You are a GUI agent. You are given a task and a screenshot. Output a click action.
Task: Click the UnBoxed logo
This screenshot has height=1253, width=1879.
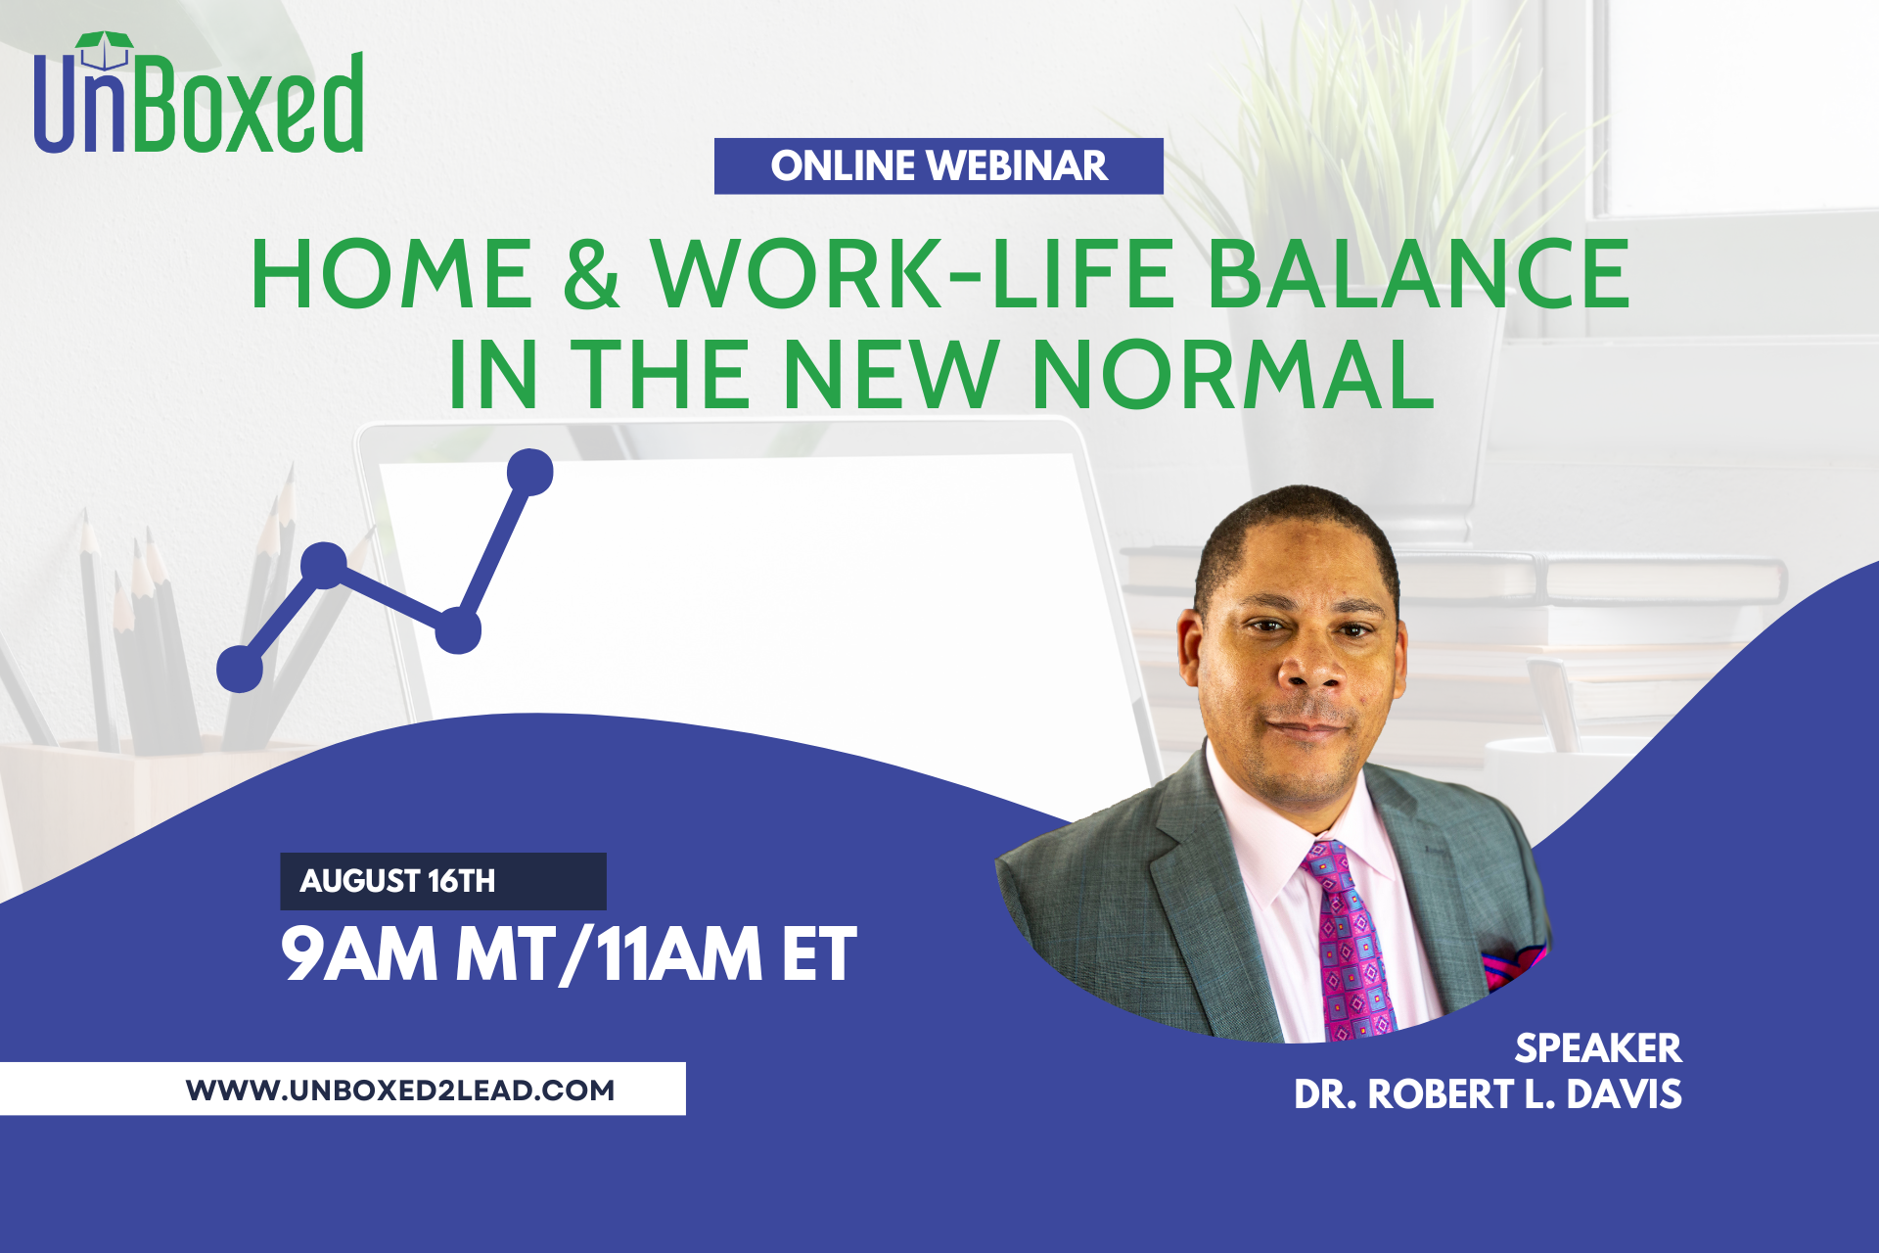[199, 93]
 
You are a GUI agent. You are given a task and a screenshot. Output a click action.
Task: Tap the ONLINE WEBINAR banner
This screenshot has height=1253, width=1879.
[939, 165]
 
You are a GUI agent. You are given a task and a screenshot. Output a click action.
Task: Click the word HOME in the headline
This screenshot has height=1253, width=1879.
[391, 274]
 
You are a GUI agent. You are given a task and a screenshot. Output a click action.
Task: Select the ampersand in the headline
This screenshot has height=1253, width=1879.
[592, 274]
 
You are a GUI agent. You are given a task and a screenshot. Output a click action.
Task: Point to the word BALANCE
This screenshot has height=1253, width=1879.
[1418, 274]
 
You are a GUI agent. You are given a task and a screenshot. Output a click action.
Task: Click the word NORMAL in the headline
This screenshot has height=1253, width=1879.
[1234, 374]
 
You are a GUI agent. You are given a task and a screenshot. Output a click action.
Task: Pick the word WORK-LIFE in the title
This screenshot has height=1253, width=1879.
[913, 274]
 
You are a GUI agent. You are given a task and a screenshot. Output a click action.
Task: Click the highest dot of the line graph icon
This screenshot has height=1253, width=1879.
[530, 472]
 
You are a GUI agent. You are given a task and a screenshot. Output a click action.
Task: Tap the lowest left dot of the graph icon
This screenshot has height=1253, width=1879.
[240, 670]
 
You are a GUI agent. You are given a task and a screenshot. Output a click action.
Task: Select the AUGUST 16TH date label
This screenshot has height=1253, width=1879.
[397, 881]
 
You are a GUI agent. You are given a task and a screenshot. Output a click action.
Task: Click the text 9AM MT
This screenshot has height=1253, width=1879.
[417, 953]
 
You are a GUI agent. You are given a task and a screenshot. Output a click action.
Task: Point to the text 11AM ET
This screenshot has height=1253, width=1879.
[726, 953]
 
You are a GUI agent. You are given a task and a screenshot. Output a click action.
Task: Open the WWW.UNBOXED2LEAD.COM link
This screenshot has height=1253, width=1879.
[400, 1090]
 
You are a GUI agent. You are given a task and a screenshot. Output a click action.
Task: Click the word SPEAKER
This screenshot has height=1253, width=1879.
[1598, 1048]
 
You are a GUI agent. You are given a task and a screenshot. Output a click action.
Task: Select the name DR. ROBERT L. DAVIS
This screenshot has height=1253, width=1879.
[1488, 1094]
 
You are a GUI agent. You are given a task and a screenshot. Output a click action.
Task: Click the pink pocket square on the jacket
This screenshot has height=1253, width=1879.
[1513, 966]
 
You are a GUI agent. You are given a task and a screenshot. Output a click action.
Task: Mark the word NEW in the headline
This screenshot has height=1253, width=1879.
[891, 374]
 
